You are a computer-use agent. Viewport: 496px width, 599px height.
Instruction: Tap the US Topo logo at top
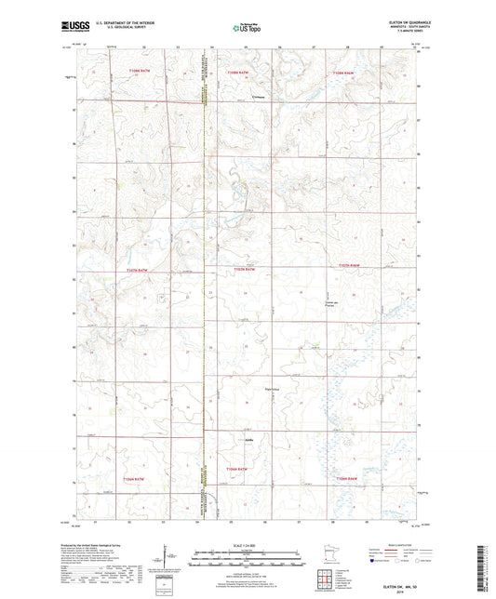[248, 28]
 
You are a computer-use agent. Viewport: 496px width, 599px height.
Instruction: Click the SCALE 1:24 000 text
[247, 544]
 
